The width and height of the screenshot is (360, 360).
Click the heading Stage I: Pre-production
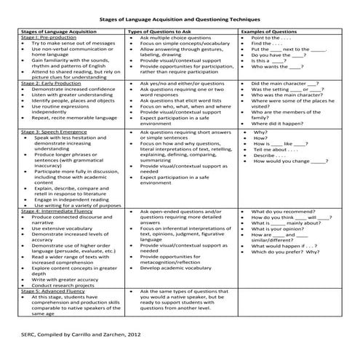point(48,39)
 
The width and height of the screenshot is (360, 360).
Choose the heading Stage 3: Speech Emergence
point(50,132)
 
